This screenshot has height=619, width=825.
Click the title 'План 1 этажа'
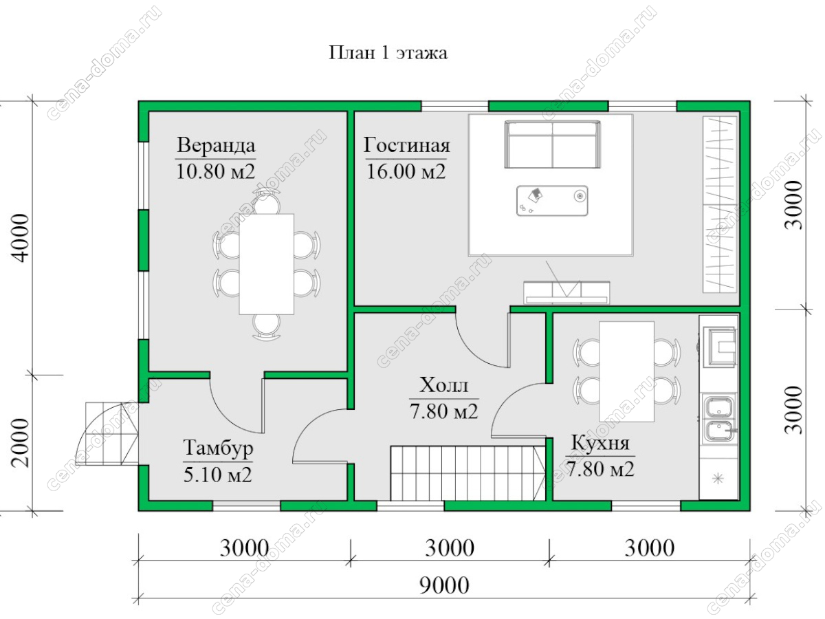click(388, 53)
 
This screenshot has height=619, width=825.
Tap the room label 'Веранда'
click(216, 145)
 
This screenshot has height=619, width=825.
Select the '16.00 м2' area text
click(406, 171)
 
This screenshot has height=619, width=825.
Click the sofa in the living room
click(552, 144)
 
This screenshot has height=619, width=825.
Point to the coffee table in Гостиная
click(552, 200)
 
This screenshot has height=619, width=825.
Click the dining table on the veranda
click(267, 264)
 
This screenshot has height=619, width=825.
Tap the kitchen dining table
click(626, 371)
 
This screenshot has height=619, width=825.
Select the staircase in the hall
click(467, 473)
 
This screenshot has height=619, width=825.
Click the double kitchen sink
click(719, 417)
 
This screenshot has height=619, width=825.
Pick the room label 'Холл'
click(443, 384)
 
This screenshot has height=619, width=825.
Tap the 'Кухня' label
click(600, 444)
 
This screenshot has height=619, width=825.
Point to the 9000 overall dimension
click(444, 585)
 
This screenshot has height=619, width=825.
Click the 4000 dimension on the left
click(19, 237)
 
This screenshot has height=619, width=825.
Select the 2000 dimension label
click(19, 443)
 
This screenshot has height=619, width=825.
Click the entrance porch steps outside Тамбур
click(107, 434)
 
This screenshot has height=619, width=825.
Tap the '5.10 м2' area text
click(218, 475)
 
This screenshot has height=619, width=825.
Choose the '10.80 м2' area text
click(216, 171)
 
